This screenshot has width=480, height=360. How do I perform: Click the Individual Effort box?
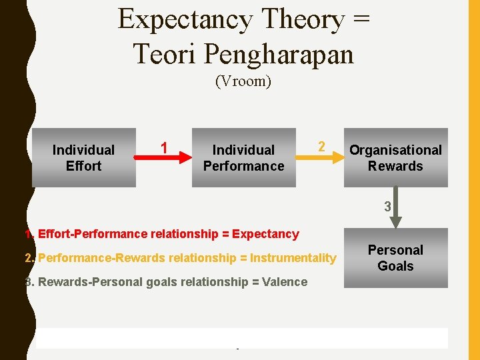tap(84, 158)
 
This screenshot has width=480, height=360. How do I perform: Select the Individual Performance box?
tap(243, 158)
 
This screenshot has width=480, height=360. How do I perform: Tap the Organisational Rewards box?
tap(395, 158)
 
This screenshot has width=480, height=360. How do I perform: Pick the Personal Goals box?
tap(395, 258)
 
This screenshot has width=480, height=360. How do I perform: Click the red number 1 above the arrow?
tap(164, 147)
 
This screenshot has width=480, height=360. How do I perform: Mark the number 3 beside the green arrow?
tap(387, 207)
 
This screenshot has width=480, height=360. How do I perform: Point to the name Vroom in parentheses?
tap(243, 82)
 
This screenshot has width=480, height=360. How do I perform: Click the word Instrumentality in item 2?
tap(293, 258)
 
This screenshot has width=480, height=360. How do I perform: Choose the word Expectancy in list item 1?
tap(266, 234)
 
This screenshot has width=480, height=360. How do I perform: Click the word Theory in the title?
tap(301, 20)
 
